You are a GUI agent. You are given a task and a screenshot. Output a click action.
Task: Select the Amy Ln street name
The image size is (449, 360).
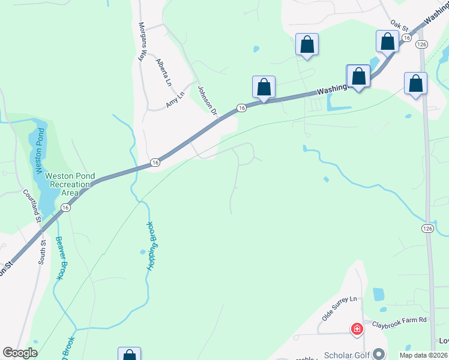(176, 100)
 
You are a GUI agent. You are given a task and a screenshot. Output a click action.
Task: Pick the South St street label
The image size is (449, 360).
(42, 252)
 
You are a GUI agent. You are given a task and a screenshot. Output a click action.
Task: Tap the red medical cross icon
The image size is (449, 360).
(357, 329)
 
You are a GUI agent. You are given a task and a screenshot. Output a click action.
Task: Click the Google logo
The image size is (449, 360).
(20, 353)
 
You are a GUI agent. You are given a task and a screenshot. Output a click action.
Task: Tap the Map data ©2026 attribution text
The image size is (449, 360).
(423, 355)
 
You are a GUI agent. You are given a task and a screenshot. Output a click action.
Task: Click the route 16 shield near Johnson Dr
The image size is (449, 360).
(241, 107)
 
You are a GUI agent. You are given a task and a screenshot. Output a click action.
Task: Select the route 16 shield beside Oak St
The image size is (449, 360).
(406, 37)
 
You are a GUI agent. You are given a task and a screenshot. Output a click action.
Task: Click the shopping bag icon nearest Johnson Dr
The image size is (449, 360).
(264, 87)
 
